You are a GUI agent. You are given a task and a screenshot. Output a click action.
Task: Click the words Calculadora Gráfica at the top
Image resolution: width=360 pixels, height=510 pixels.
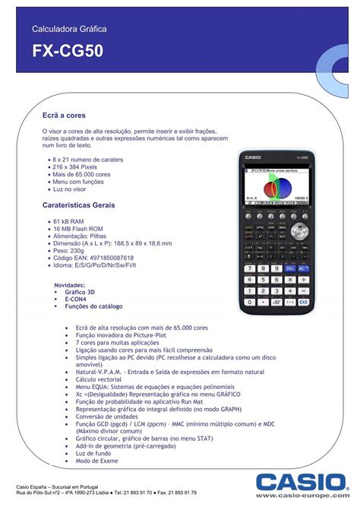click(x=69, y=28)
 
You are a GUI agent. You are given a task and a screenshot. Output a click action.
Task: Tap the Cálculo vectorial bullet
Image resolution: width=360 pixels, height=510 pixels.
click(x=99, y=379)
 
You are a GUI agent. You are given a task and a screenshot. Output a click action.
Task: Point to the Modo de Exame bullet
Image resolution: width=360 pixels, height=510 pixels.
click(x=97, y=461)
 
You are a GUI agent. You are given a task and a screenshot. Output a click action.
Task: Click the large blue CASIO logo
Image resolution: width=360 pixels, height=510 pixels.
click(x=299, y=480)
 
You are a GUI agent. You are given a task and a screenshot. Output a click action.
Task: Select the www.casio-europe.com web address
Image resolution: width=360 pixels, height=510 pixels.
click(x=305, y=496)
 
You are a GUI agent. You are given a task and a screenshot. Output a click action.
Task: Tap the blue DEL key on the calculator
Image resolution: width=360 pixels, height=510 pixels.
click(x=289, y=268)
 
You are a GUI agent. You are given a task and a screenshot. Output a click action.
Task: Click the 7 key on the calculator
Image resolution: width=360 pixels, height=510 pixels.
click(x=248, y=268)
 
